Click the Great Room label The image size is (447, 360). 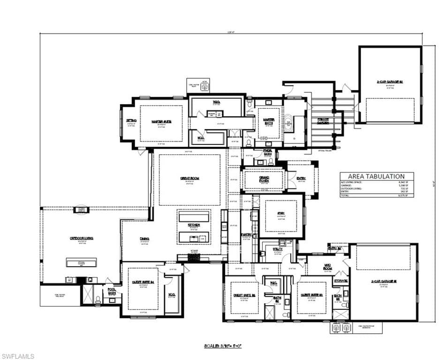click(190, 178)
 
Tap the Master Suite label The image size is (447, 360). click(161, 121)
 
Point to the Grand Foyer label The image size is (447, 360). click(264, 179)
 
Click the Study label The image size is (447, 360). click(281, 214)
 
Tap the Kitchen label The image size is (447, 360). click(194, 225)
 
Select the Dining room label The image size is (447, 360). click(144, 239)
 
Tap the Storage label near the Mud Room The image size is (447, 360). click(341, 281)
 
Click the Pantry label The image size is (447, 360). click(247, 235)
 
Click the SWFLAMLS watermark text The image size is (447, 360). click(18, 356)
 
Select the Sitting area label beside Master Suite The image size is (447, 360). click(131, 120)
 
